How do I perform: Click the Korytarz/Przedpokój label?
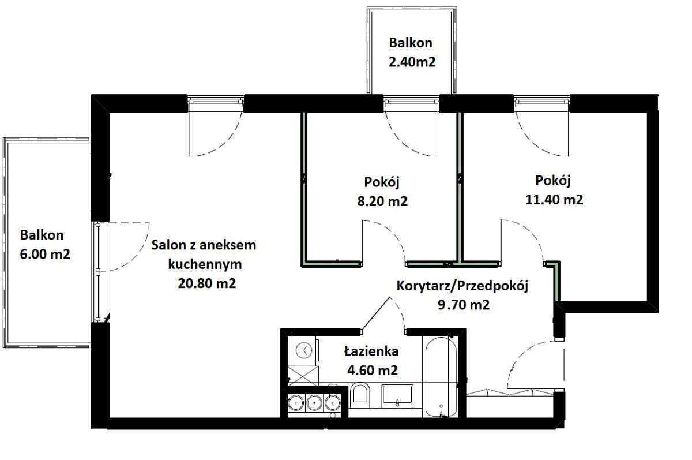tap(463, 286)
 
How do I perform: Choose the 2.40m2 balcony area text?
tap(411, 62)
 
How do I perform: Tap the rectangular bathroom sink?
tap(397, 395)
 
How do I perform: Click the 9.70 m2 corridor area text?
tap(463, 305)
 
